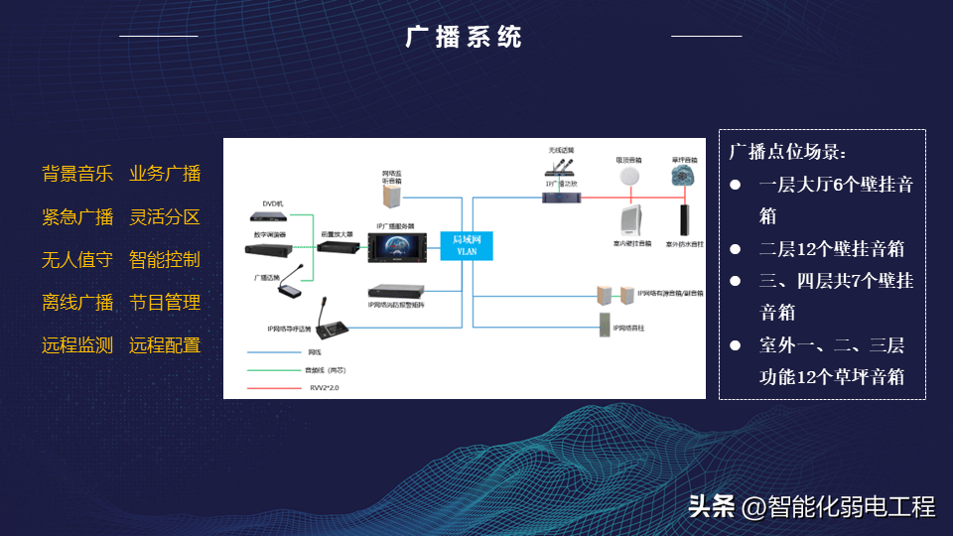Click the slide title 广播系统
[x=464, y=37]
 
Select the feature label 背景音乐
[x=77, y=174]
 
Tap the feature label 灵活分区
[x=165, y=217]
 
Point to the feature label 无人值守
[x=77, y=260]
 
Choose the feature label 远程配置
[x=165, y=345]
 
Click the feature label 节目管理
[x=165, y=303]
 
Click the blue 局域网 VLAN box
[x=466, y=244]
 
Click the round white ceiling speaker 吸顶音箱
[x=627, y=177]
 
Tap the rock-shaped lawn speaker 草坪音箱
[x=682, y=177]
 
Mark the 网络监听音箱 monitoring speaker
[x=391, y=200]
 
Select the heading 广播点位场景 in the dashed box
[x=786, y=152]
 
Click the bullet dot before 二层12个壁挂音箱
[x=736, y=249]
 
